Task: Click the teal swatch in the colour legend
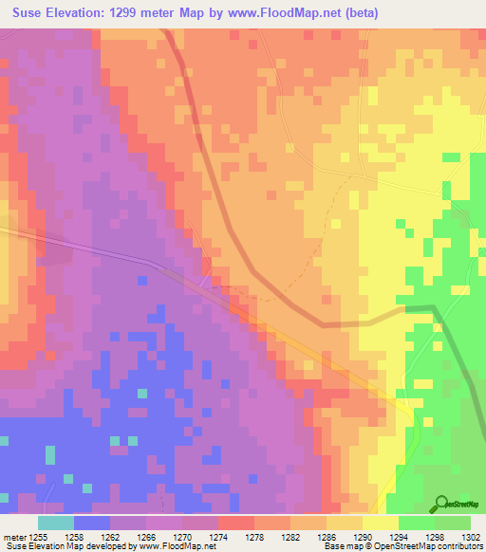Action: coord(56,522)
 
